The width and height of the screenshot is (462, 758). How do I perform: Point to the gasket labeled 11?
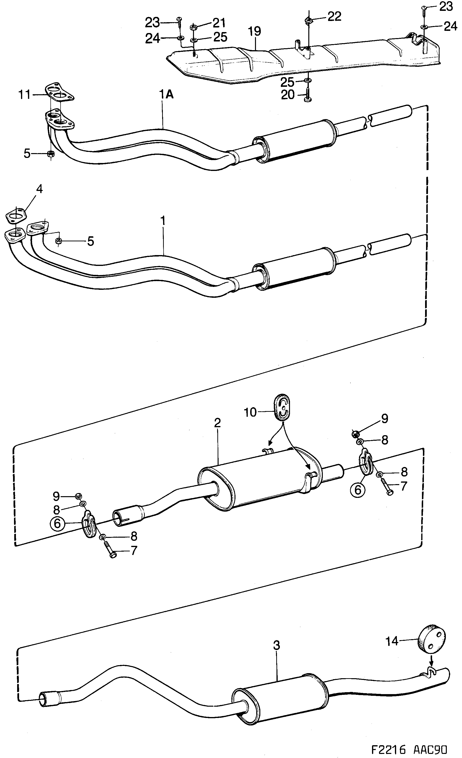click(x=60, y=92)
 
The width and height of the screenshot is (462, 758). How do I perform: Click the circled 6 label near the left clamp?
click(x=58, y=524)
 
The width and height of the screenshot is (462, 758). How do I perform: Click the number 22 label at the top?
click(x=334, y=17)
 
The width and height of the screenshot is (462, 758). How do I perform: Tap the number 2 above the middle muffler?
click(x=217, y=423)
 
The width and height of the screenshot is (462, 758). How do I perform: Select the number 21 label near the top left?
click(x=219, y=23)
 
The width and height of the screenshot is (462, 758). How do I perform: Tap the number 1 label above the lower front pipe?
click(x=163, y=221)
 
